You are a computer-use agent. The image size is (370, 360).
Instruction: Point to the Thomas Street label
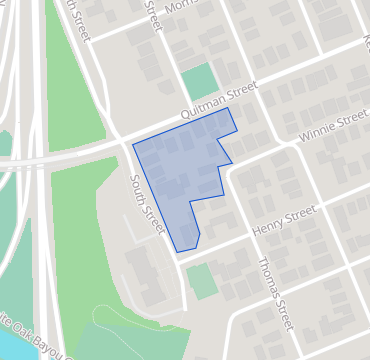tap(275, 294)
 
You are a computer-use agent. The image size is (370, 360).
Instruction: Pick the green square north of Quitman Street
tap(200, 81)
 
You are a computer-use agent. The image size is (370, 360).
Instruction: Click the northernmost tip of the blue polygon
tap(230, 108)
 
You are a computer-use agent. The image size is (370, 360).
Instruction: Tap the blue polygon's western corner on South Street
tap(132, 146)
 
